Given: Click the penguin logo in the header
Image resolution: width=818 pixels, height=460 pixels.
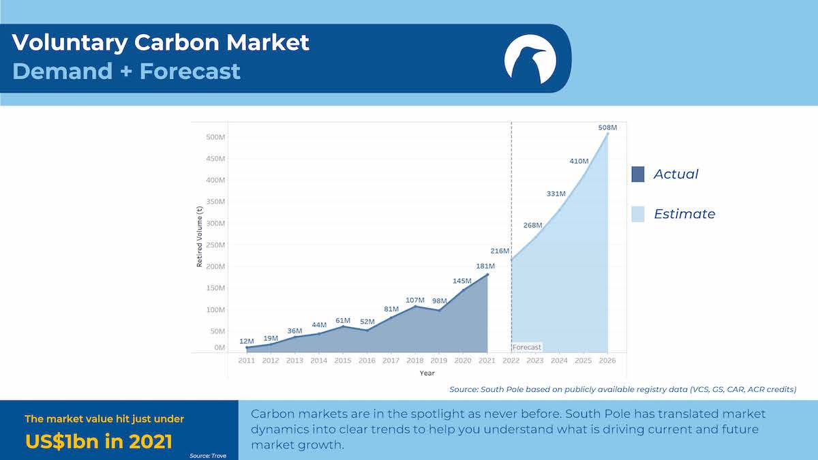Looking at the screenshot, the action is click(x=530, y=59).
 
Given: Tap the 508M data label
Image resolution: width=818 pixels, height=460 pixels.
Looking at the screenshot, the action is click(x=607, y=127).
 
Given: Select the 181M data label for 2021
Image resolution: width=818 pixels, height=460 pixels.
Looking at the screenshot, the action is click(x=485, y=266).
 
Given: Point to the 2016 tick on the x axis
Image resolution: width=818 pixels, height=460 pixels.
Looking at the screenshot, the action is click(x=367, y=361).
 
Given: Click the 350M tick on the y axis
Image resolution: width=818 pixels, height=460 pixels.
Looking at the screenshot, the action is click(x=215, y=202).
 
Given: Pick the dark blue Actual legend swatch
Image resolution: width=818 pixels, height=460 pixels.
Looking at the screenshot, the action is click(x=638, y=174).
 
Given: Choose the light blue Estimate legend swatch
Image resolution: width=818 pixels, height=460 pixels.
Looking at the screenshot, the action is click(x=638, y=214).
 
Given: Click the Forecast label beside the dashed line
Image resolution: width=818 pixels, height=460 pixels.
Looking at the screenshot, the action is click(x=526, y=347).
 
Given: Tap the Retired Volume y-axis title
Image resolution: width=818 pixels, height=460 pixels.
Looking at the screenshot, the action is click(x=199, y=236).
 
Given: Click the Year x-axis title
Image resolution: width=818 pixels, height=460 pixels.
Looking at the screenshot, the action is click(x=427, y=373).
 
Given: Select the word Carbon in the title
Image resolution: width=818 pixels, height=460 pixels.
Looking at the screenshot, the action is click(x=177, y=42).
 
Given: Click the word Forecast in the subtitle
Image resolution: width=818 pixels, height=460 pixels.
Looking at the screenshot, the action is click(x=190, y=71).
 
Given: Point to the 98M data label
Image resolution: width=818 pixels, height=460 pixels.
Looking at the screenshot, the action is click(x=439, y=301).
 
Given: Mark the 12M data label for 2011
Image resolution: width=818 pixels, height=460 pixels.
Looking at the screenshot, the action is click(x=247, y=341).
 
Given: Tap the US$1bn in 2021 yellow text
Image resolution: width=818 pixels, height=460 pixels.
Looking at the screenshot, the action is click(x=99, y=442).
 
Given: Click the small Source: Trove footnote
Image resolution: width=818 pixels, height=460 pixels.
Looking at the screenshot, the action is click(x=208, y=456).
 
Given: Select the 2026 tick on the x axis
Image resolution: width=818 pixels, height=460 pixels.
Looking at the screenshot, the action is click(x=607, y=361).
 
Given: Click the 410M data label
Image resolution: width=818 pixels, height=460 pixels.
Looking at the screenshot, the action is click(x=579, y=161).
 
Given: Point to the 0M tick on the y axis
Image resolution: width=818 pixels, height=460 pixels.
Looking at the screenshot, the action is click(x=219, y=348).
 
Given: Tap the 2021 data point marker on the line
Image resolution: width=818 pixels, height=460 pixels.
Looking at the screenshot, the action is click(x=487, y=275).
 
